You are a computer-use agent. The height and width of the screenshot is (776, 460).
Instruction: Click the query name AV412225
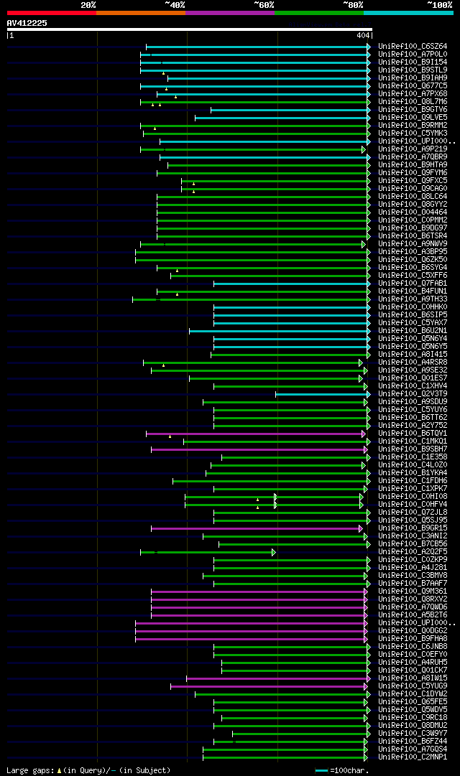click(27, 23)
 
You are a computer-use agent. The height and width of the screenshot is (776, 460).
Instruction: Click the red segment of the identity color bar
click(51, 12)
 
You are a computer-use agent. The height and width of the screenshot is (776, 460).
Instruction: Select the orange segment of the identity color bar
click(140, 12)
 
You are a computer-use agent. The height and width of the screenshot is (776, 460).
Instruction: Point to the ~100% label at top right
click(440, 4)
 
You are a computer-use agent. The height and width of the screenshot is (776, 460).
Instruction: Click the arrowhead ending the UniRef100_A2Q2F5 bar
click(273, 552)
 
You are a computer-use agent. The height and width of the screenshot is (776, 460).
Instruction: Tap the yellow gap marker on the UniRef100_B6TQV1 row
click(170, 436)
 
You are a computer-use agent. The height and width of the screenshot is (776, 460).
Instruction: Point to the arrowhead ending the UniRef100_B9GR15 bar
click(360, 528)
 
